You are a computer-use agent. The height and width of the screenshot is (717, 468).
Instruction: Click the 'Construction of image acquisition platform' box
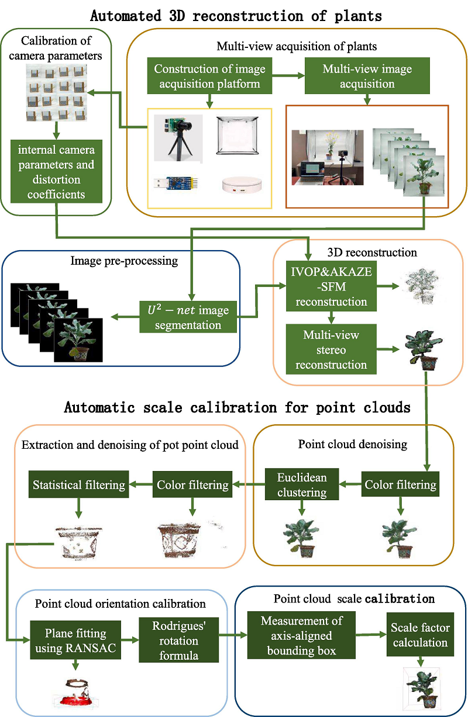pos(209,77)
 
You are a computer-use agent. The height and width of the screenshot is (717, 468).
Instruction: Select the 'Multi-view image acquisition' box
pos(367,77)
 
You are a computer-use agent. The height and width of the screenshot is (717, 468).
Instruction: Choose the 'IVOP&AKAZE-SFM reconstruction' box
pos(331,286)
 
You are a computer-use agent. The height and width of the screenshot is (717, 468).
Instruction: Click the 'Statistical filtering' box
pos(78,484)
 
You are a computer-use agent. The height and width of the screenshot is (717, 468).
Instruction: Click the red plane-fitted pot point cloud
pos(75,691)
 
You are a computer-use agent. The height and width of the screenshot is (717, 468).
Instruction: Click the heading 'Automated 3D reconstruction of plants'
pos(236,16)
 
